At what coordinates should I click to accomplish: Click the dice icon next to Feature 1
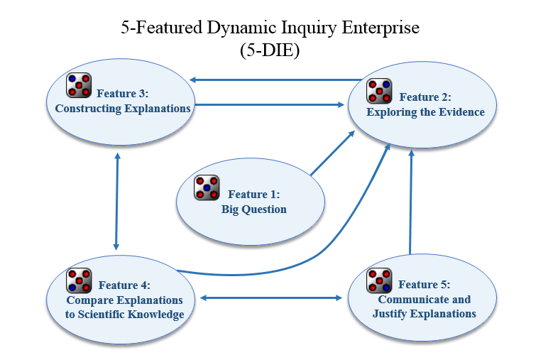click(207, 187)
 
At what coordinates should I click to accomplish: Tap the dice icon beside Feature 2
click(379, 91)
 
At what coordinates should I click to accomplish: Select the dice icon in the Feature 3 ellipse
click(79, 85)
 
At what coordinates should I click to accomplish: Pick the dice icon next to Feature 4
click(79, 280)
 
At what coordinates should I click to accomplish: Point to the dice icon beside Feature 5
click(379, 280)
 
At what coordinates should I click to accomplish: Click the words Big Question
click(254, 209)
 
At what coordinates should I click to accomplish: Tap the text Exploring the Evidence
click(425, 112)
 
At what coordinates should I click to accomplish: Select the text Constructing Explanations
click(123, 109)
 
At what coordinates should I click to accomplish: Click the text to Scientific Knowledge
click(124, 315)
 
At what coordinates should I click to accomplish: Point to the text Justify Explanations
click(424, 314)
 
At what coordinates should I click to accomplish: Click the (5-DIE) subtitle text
click(270, 50)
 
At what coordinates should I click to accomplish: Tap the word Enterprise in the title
click(380, 28)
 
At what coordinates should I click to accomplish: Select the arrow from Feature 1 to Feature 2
click(332, 153)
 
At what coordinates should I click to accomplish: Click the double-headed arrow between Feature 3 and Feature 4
click(116, 202)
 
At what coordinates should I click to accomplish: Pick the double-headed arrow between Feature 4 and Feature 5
click(271, 298)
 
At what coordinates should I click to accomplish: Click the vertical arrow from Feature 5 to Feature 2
click(411, 202)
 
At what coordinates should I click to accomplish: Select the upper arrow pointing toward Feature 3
click(275, 80)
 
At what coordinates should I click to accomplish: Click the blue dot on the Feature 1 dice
click(207, 187)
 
